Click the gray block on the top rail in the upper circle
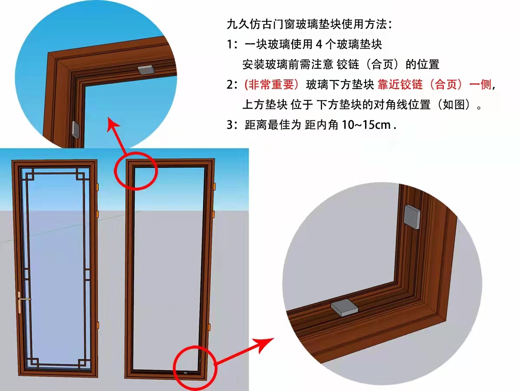pyautogui.click(x=146, y=70)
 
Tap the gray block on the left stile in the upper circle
pyautogui.click(x=76, y=129)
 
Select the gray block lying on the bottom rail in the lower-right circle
pyautogui.click(x=344, y=308)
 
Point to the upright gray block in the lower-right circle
pyautogui.click(x=412, y=217)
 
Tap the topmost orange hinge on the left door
pyautogui.click(x=97, y=187)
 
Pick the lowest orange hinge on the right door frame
pyautogui.click(x=209, y=327)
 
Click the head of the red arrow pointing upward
pyautogui.click(x=113, y=124)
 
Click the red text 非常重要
pyautogui.click(x=271, y=85)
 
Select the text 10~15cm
pyautogui.click(x=366, y=125)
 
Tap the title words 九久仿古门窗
pyautogui.click(x=261, y=24)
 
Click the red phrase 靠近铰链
pyautogui.click(x=400, y=85)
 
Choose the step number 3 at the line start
pyautogui.click(x=230, y=125)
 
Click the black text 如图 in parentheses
pyautogui.click(x=454, y=105)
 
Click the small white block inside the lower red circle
pyautogui.click(x=185, y=372)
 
